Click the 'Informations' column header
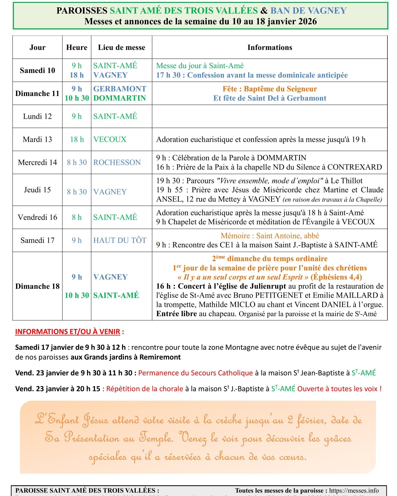pyautogui.click(x=270, y=47)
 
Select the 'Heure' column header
pyautogui.click(x=76, y=47)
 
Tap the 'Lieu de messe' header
pyautogui.click(x=122, y=47)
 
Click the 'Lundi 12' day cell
pyautogui.click(x=37, y=116)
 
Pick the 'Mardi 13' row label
pyautogui.click(x=37, y=139)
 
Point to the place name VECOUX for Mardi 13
pyautogui.click(x=110, y=139)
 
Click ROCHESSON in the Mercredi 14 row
pyautogui.click(x=117, y=162)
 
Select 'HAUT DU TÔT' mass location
pyautogui.click(x=120, y=240)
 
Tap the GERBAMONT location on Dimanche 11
pyautogui.click(x=120, y=89)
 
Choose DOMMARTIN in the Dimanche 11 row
pyautogui.click(x=120, y=98)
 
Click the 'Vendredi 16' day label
pyautogui.click(x=37, y=217)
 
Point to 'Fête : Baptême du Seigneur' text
pyautogui.click(x=270, y=89)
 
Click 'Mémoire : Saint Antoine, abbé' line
pyautogui.click(x=270, y=236)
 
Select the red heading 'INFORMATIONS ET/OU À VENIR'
pyautogui.click(x=67, y=332)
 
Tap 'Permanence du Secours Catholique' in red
pyautogui.click(x=195, y=373)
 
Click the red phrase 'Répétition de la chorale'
pyautogui.click(x=145, y=389)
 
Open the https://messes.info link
pyautogui.click(x=354, y=491)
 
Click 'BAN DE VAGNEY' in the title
pyautogui.click(x=308, y=11)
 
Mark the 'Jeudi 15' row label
pyautogui.click(x=37, y=190)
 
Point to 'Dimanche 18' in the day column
pyautogui.click(x=37, y=286)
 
